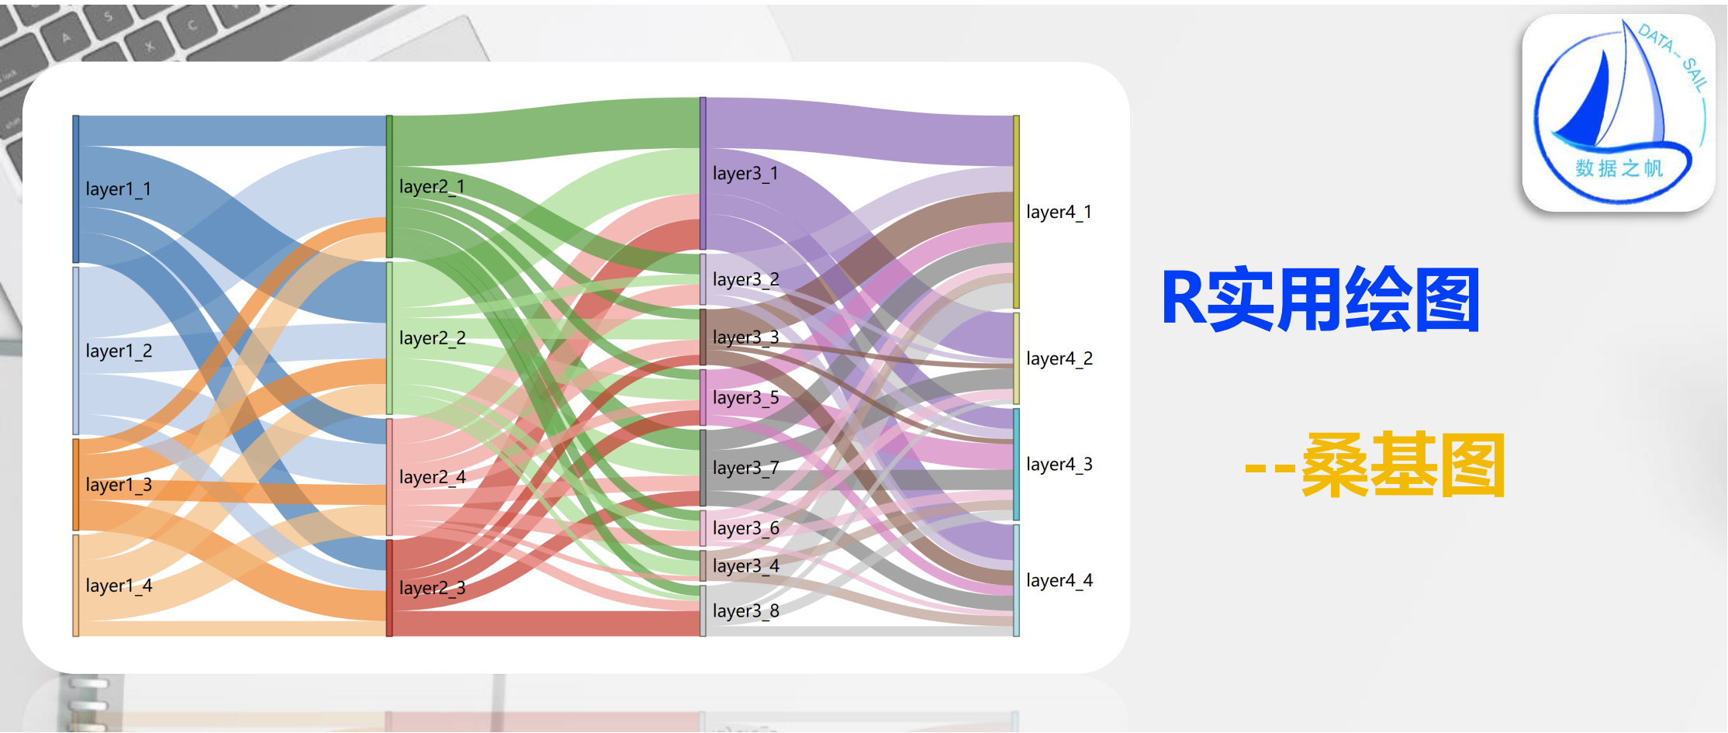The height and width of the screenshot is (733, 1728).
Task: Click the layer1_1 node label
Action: pyautogui.click(x=118, y=189)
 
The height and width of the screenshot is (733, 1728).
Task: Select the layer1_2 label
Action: pyautogui.click(x=119, y=351)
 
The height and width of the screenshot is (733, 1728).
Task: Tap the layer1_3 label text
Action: pyautogui.click(x=119, y=486)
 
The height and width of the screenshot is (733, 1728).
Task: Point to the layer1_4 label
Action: pyautogui.click(x=119, y=586)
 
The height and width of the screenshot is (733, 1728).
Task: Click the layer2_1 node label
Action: pyautogui.click(x=432, y=187)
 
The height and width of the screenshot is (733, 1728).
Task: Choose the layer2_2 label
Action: pyautogui.click(x=432, y=338)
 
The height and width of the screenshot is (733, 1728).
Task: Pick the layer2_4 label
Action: pyautogui.click(x=432, y=477)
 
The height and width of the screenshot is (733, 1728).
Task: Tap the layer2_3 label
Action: pyautogui.click(x=432, y=588)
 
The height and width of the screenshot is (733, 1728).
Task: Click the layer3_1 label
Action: pyautogui.click(x=745, y=174)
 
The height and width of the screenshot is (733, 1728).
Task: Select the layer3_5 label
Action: pyautogui.click(x=745, y=398)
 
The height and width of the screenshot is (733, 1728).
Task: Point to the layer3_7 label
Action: pyautogui.click(x=745, y=468)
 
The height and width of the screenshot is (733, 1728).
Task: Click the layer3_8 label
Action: pyautogui.click(x=745, y=611)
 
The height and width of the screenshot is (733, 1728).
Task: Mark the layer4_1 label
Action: pyautogui.click(x=1059, y=213)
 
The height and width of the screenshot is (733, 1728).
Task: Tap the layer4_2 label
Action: pyautogui.click(x=1059, y=358)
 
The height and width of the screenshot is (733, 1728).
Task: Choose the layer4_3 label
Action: pyautogui.click(x=1059, y=465)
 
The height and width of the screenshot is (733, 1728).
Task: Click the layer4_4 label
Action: pyautogui.click(x=1059, y=581)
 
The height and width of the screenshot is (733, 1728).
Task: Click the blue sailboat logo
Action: pyautogui.click(x=1619, y=112)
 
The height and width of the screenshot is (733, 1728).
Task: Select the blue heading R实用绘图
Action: pyautogui.click(x=1320, y=300)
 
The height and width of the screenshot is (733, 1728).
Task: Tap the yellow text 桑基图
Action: pyautogui.click(x=1402, y=465)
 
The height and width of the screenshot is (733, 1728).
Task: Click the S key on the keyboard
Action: pyautogui.click(x=108, y=16)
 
